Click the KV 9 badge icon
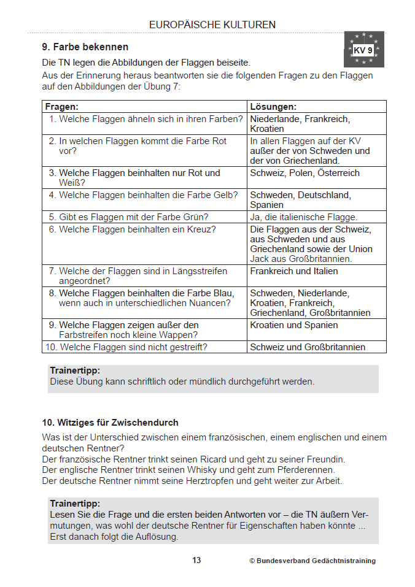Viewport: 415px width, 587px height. tap(364, 50)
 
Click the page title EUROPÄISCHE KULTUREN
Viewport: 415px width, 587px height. tap(212, 25)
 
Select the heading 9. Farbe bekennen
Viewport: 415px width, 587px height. tap(85, 47)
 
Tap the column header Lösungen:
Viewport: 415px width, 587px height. tap(273, 107)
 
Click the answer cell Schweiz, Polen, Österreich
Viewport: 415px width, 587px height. tap(304, 173)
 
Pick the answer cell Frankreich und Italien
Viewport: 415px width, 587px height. tap(293, 271)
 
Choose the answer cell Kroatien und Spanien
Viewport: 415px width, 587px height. tap(293, 325)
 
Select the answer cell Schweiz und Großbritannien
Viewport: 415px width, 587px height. tap(308, 347)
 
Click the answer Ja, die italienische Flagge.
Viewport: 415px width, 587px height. tap(303, 217)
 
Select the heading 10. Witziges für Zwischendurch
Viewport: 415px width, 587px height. tap(110, 423)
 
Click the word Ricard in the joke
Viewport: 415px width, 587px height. tap(227, 459)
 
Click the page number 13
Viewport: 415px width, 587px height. tap(196, 561)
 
